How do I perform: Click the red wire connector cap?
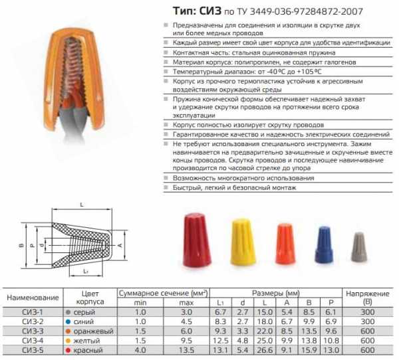coord(198,240)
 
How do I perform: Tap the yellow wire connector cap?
coord(243,242)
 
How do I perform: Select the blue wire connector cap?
coord(324,244)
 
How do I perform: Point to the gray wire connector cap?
coord(359,246)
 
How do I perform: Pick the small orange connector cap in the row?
coord(285,244)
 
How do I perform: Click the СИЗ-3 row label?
coord(33,331)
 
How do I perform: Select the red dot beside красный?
coord(68,350)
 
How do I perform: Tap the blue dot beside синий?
coord(68,321)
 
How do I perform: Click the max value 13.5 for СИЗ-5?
coord(186,350)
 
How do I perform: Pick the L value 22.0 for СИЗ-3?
coord(265,331)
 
